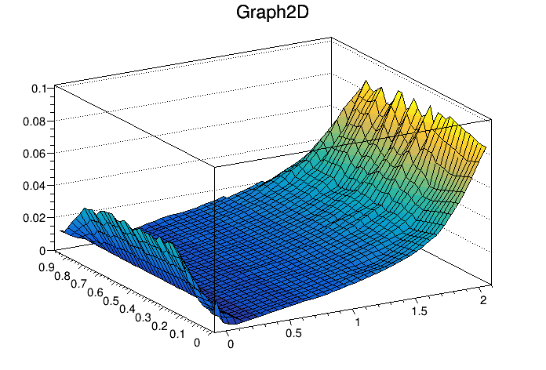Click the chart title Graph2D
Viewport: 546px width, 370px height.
coord(271,13)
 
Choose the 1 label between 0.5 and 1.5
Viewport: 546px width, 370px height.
coord(358,323)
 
